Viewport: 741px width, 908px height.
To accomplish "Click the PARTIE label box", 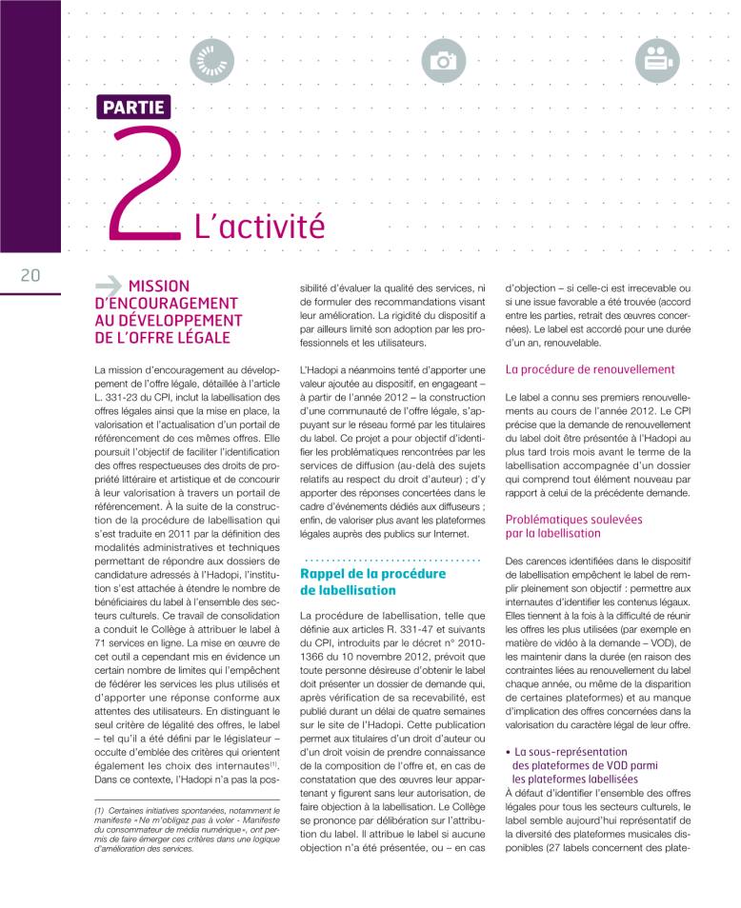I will point(131,107).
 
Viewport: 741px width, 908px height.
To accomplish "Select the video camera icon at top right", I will point(653,61).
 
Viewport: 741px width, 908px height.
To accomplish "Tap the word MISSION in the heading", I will point(159,286).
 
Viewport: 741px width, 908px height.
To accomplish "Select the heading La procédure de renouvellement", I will point(591,368).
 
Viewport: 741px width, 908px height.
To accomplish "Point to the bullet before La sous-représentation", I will point(508,752).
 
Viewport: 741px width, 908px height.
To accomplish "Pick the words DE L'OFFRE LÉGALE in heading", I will point(163,337).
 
